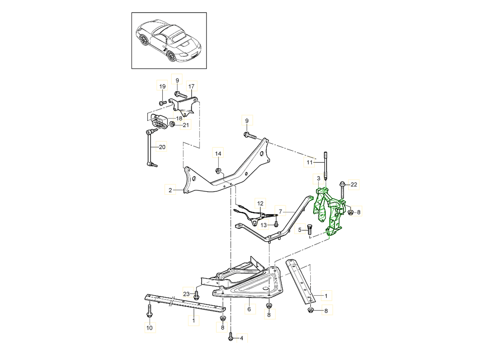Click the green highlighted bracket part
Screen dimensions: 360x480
[329, 208]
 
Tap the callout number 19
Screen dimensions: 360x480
[162, 86]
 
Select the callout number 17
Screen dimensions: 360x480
[191, 86]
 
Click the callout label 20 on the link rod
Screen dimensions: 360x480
[162, 147]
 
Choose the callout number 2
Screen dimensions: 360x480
[170, 190]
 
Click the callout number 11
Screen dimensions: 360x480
[309, 163]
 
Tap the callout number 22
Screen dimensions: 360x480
[353, 184]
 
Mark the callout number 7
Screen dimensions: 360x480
[280, 211]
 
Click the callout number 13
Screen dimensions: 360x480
[264, 226]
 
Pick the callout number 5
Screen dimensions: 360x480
[300, 230]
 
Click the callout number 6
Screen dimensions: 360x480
[249, 310]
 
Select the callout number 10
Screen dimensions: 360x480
[150, 328]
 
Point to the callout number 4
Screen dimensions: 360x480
[241, 339]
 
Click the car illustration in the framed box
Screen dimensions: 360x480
[169, 40]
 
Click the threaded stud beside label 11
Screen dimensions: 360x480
[326, 166]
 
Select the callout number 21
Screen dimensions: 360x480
[185, 125]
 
